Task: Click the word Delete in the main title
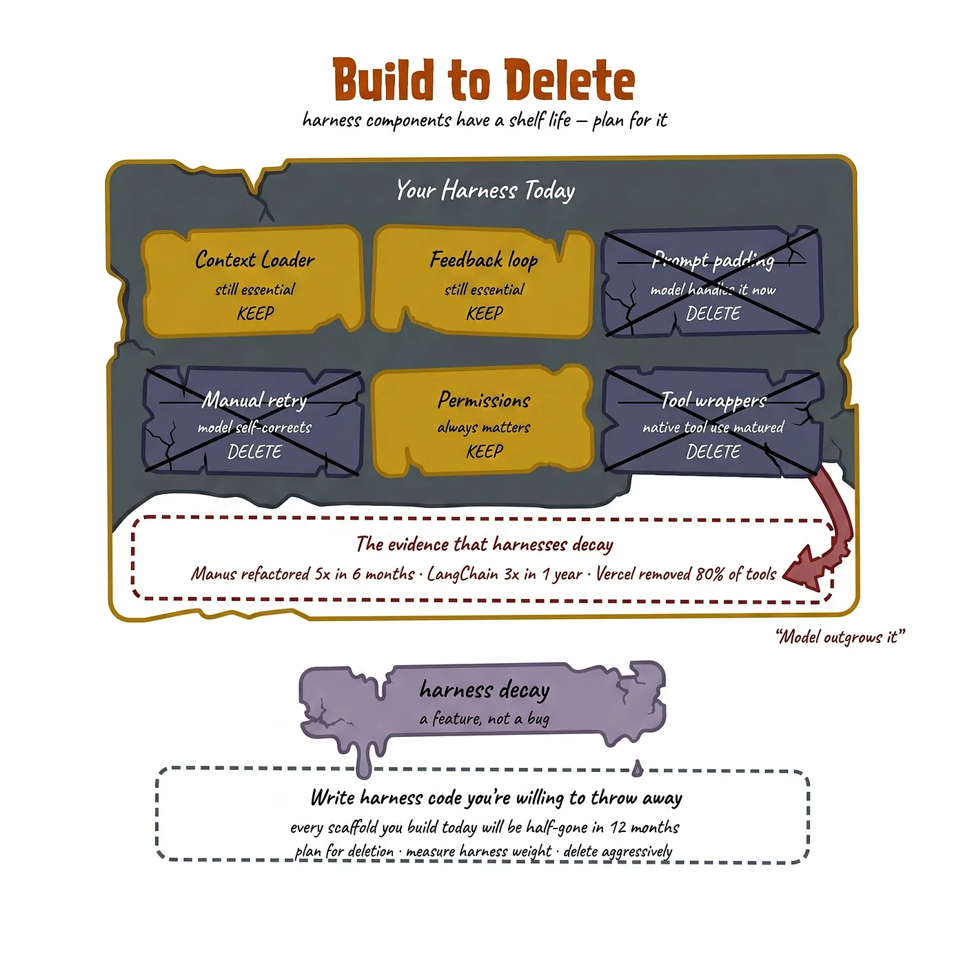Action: coord(569,79)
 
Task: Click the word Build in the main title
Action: coord(383,79)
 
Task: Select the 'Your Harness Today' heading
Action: coord(485,190)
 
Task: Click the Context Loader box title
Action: coord(255,259)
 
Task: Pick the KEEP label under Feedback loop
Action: coord(485,313)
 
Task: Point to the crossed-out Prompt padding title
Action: coord(713,261)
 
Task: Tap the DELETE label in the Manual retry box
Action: coord(254,451)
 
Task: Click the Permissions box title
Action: coord(484,400)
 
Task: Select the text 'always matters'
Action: coord(484,427)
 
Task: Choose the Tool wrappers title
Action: coord(713,400)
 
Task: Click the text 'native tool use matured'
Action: coord(713,427)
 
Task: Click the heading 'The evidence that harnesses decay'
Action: coord(485,544)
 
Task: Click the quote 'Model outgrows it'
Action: coord(840,637)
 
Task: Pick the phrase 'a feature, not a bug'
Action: coord(485,719)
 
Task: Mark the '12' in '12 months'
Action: coord(618,826)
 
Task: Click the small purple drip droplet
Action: coord(637,768)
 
